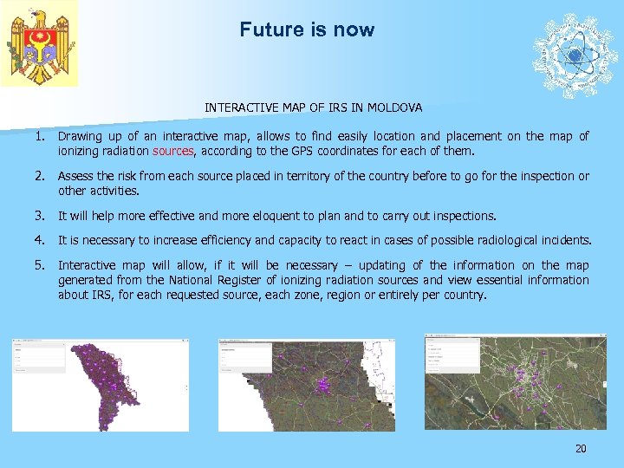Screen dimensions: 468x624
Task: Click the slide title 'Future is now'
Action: (307, 29)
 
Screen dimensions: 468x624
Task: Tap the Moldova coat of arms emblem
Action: (39, 43)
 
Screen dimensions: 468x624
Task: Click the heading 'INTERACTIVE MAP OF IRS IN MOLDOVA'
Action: (314, 108)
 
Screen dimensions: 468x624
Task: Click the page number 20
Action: (581, 448)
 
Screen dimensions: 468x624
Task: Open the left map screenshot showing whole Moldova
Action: (100, 385)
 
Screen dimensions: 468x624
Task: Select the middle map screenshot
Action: (306, 385)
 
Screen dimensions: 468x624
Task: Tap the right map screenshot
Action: (510, 380)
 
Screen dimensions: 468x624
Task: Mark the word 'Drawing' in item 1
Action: (79, 136)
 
